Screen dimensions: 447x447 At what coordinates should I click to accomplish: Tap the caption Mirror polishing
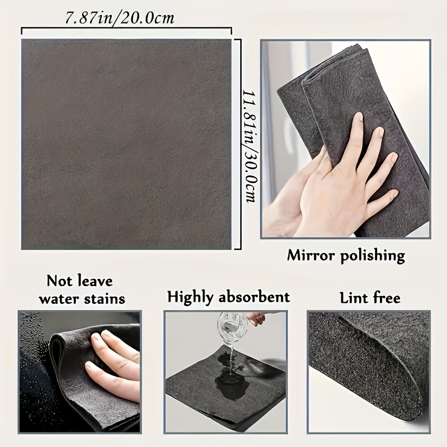coord(345,256)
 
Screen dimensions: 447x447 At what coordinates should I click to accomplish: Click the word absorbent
coord(255,297)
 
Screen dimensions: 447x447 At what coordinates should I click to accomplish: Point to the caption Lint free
coord(370,297)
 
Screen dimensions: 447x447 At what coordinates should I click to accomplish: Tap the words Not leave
coord(79,280)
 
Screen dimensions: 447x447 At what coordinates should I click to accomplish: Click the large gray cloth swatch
coord(126,144)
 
